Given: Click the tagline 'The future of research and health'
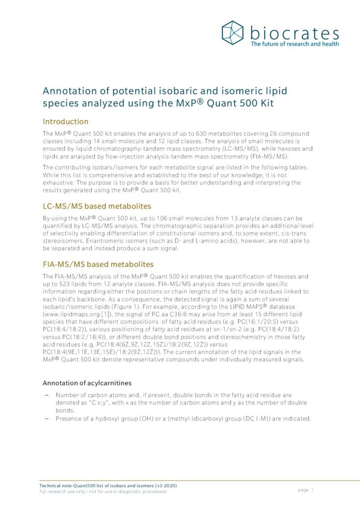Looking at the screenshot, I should tap(294, 44).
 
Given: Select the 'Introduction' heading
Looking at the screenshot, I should tap(66, 121).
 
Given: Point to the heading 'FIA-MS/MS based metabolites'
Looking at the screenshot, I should tap(98, 264).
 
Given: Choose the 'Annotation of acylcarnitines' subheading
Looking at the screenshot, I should tap(88, 383).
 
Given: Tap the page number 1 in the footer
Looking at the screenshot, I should tap(313, 490).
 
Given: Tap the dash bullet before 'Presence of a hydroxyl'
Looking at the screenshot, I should tap(46, 419).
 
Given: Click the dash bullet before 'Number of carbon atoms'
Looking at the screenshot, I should tap(46, 395).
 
